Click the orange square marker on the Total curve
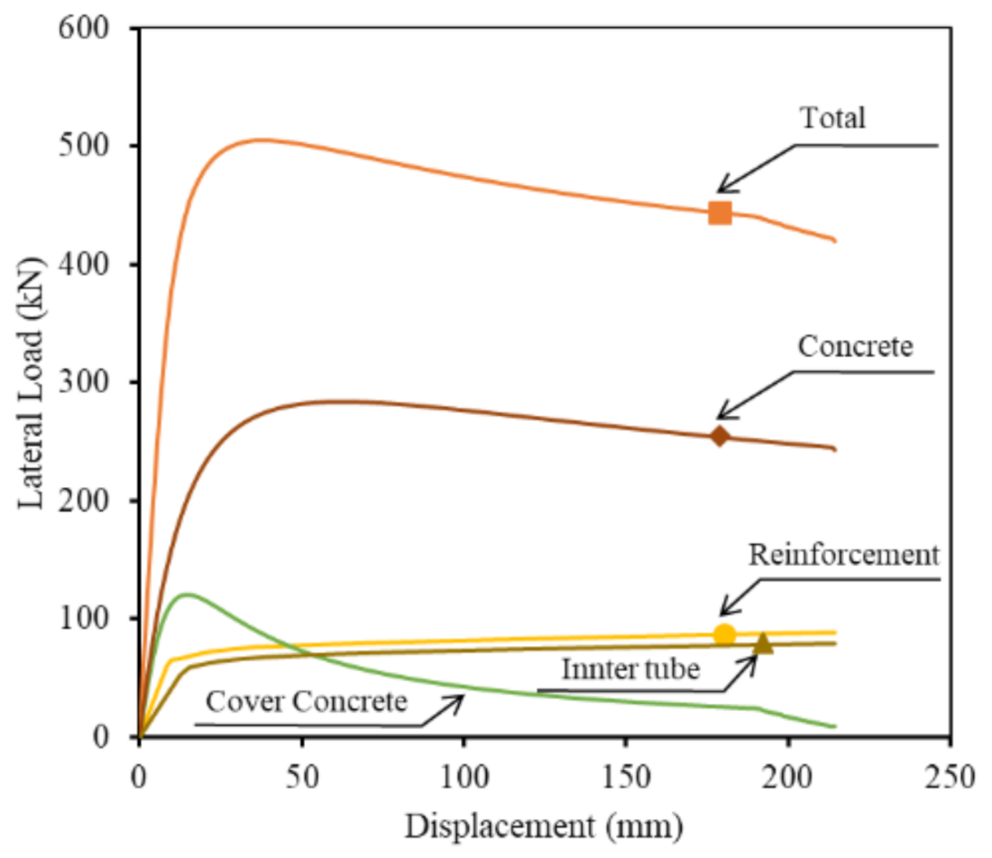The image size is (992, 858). click(720, 213)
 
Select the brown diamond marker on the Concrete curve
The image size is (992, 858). click(719, 437)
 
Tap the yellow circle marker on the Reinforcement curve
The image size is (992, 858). click(724, 634)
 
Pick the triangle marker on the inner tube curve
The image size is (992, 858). click(763, 643)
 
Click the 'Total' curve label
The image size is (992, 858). click(831, 118)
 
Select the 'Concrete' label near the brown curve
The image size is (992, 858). click(856, 347)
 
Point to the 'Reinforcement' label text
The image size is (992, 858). click(844, 554)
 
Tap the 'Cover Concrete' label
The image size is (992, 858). click(307, 702)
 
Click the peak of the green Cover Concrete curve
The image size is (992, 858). click(186, 595)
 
